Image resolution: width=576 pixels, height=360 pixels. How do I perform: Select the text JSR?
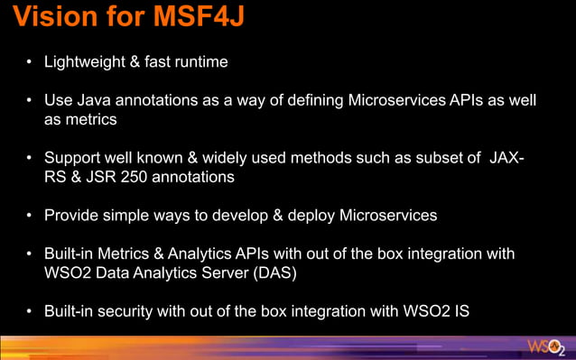click(104, 178)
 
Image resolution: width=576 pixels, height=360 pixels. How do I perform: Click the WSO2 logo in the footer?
click(546, 347)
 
